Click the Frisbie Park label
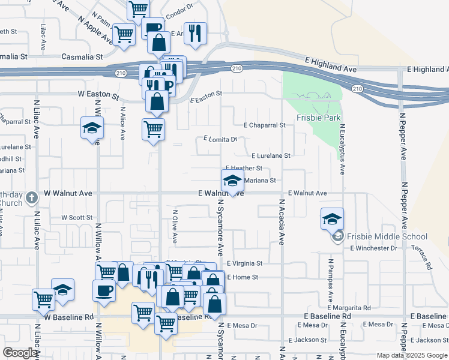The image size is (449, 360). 319,118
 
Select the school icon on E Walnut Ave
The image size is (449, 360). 232,180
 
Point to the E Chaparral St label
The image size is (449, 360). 264,125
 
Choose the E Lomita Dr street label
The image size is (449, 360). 220,139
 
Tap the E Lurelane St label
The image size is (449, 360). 271,155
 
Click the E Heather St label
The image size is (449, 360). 244,169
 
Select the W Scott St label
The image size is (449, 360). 77,217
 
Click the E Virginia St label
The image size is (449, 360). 244,263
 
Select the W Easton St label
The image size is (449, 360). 97,94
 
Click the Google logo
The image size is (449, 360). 20,353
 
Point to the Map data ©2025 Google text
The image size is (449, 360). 412,355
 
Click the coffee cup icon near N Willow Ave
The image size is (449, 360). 104,290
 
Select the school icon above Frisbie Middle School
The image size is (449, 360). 332,220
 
